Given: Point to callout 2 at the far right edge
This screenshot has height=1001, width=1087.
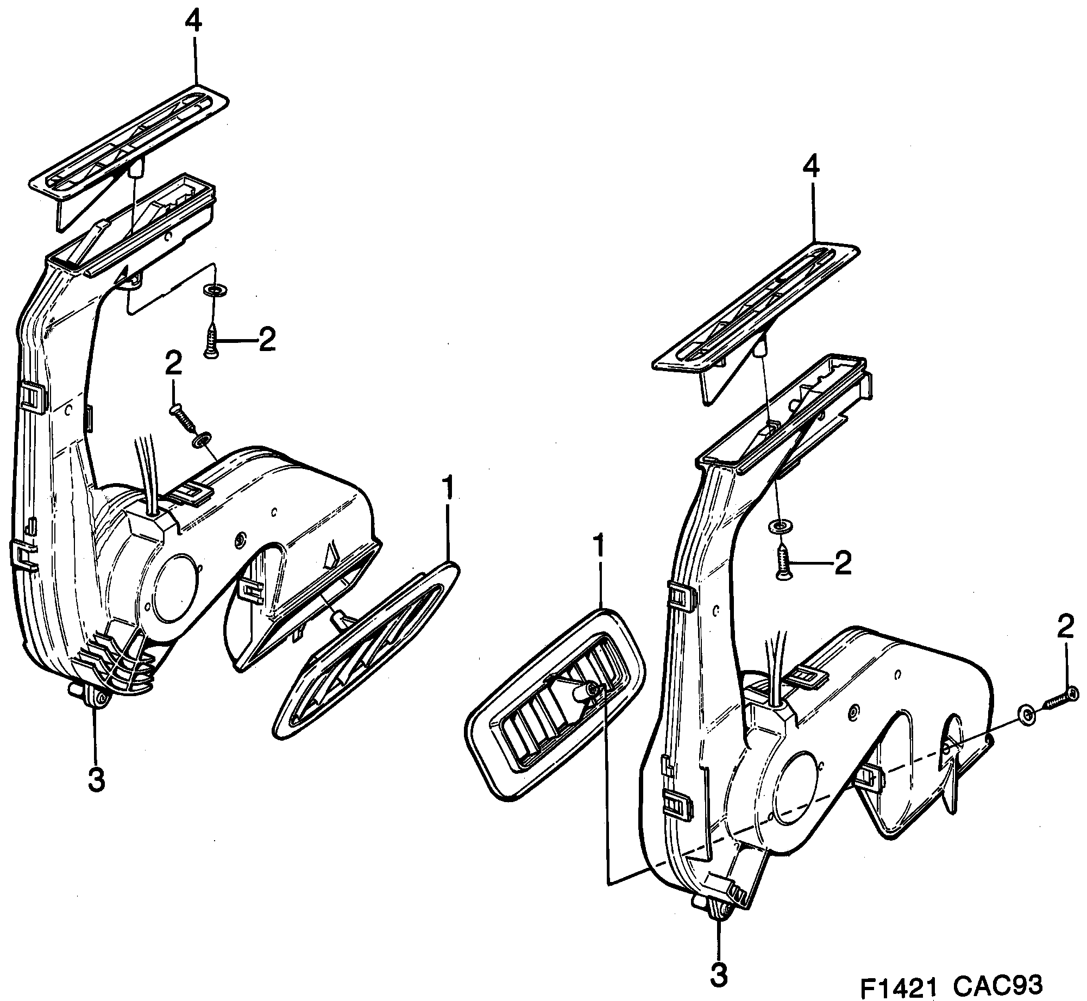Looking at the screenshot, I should [x=1065, y=628].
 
